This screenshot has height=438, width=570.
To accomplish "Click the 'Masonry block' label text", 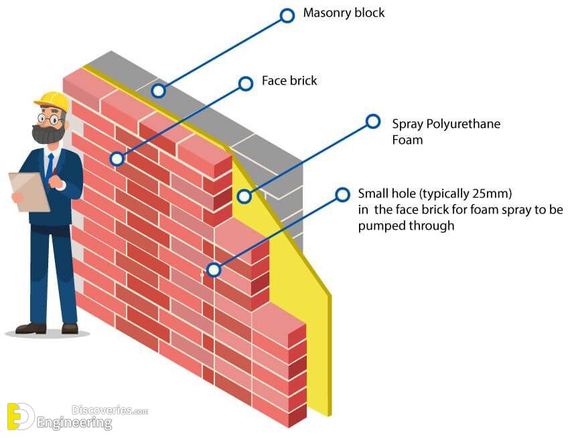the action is coord(344,13).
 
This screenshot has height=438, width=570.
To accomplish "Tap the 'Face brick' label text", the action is coord(289,80).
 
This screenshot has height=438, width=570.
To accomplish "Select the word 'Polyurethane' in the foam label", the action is coord(464,125).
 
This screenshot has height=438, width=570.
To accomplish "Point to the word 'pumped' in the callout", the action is coord(382,226).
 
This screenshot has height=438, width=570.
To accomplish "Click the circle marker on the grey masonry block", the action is coord(159,90).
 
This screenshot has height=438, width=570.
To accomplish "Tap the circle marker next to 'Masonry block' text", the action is coord(287,16).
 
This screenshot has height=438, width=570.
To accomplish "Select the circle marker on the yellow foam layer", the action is coord(244,196).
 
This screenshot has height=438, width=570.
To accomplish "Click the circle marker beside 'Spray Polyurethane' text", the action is coord(373,121).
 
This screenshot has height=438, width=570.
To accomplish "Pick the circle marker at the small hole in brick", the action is coord(214,270).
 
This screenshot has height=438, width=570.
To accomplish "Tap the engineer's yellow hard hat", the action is coord(52,100).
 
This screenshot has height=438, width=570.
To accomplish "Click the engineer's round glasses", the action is coord(50,119).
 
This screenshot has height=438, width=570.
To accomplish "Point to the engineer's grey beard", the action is coord(48,134).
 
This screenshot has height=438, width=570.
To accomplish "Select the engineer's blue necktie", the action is coord(50,167).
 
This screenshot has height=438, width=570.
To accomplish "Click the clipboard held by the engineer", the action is coord(29,192).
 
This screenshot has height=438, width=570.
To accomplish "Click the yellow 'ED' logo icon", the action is coord(20,417).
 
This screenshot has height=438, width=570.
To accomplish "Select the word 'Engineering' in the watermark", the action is coord(74,423).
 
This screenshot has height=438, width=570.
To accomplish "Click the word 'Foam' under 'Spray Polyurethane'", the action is coord(407,140).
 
